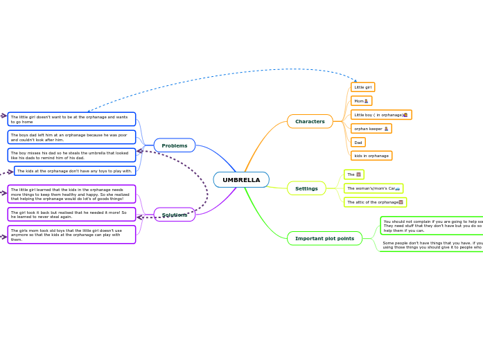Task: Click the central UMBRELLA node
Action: [x=241, y=180]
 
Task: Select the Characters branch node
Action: [x=310, y=121]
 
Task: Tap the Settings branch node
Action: [x=306, y=188]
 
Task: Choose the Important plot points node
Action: [x=324, y=238]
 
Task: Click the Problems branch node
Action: [x=175, y=145]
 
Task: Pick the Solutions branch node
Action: [x=175, y=215]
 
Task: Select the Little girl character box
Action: [x=362, y=87]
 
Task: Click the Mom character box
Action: [x=361, y=101]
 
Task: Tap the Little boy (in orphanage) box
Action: [x=380, y=115]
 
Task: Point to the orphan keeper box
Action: [x=371, y=129]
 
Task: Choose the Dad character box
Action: [x=358, y=143]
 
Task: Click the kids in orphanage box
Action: [x=371, y=156]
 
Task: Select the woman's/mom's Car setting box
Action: [x=373, y=188]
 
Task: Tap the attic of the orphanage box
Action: [x=375, y=202]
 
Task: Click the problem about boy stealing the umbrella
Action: [x=71, y=155]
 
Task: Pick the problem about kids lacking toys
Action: [x=75, y=171]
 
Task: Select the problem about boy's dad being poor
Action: [x=71, y=137]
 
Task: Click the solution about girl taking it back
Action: [x=71, y=215]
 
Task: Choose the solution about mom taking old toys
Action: [x=71, y=235]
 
